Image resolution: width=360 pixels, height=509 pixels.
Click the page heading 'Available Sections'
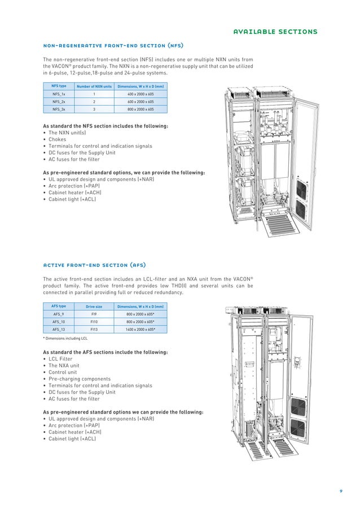tap(275, 32)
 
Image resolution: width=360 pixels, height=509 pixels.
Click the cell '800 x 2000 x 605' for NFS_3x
tap(141, 109)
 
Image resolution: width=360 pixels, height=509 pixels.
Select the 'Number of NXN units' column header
tap(94, 86)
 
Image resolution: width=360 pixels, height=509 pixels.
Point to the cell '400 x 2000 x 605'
tap(141, 94)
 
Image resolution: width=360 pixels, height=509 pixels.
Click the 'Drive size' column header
tap(94, 306)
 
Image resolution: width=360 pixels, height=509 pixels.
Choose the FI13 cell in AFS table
tap(94, 329)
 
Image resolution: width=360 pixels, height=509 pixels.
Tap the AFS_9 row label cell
tap(59, 314)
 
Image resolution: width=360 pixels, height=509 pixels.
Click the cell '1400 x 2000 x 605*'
tap(141, 329)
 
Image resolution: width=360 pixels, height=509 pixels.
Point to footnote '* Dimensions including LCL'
tap(65, 339)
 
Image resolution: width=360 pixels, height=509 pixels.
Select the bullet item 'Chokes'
tap(57, 139)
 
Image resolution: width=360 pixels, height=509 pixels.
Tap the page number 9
tap(341, 490)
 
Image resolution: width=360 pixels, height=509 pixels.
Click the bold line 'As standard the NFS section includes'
tap(105, 126)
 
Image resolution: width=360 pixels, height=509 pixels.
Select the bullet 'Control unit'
tap(64, 372)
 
